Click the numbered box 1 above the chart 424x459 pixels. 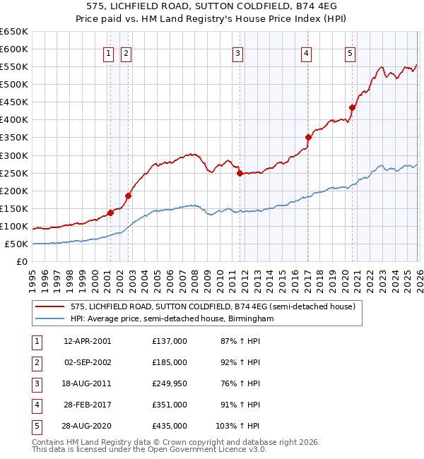[109, 53]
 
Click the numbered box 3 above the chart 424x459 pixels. [239, 53]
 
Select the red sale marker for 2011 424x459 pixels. [240, 173]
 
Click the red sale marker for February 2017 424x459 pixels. [308, 137]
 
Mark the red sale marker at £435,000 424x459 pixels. [352, 107]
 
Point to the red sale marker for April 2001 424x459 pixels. [110, 213]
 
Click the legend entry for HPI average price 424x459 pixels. [171, 318]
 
